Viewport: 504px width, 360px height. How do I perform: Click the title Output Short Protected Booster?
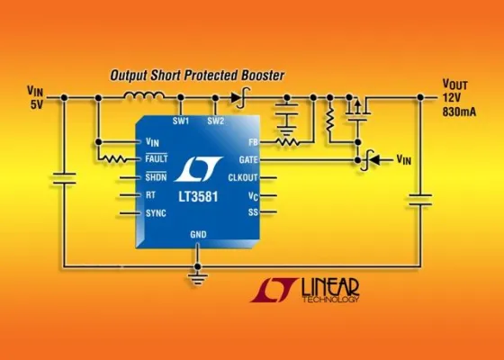coord(197,75)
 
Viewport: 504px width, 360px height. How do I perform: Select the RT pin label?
coord(150,194)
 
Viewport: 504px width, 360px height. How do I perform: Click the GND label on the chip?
coord(198,234)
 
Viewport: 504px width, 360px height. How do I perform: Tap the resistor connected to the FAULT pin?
coord(115,159)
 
